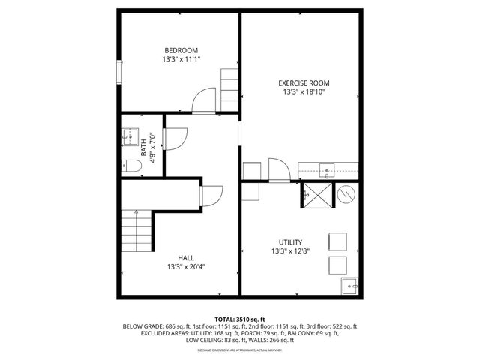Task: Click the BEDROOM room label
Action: point(181,50)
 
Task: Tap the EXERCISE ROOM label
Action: point(304,82)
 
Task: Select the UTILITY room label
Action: point(290,242)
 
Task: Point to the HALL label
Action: point(186,257)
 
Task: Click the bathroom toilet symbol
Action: point(129,166)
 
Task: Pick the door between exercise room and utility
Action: point(278,169)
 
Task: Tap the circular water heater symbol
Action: point(346,195)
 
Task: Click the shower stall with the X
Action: point(316,195)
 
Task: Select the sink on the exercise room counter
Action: point(327,169)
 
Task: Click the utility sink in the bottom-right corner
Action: point(350,286)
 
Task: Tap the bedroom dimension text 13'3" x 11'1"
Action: point(181,59)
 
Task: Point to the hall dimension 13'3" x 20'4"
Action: point(186,266)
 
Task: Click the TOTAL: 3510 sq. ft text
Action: point(240,319)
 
